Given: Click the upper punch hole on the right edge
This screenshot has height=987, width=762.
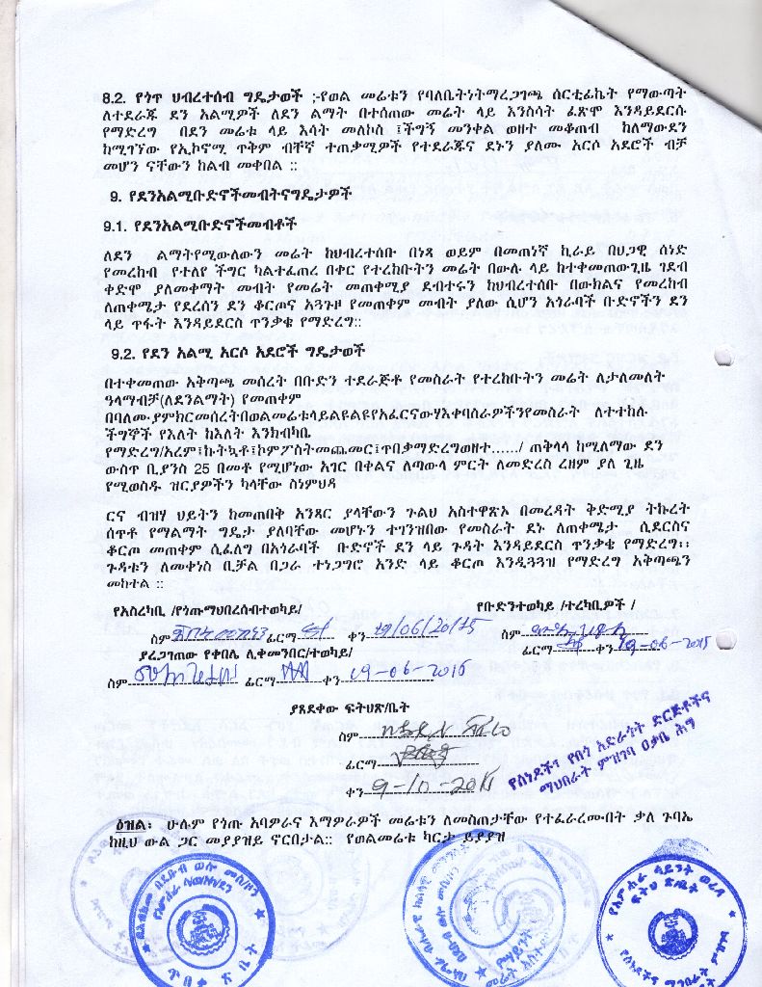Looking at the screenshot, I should pos(724,356).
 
